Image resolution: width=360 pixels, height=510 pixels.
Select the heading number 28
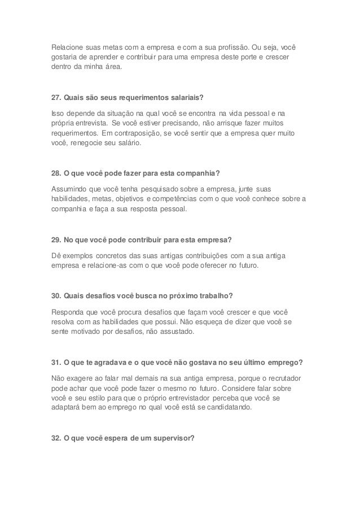[x=56, y=172]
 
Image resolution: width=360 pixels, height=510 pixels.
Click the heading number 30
[x=56, y=294]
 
